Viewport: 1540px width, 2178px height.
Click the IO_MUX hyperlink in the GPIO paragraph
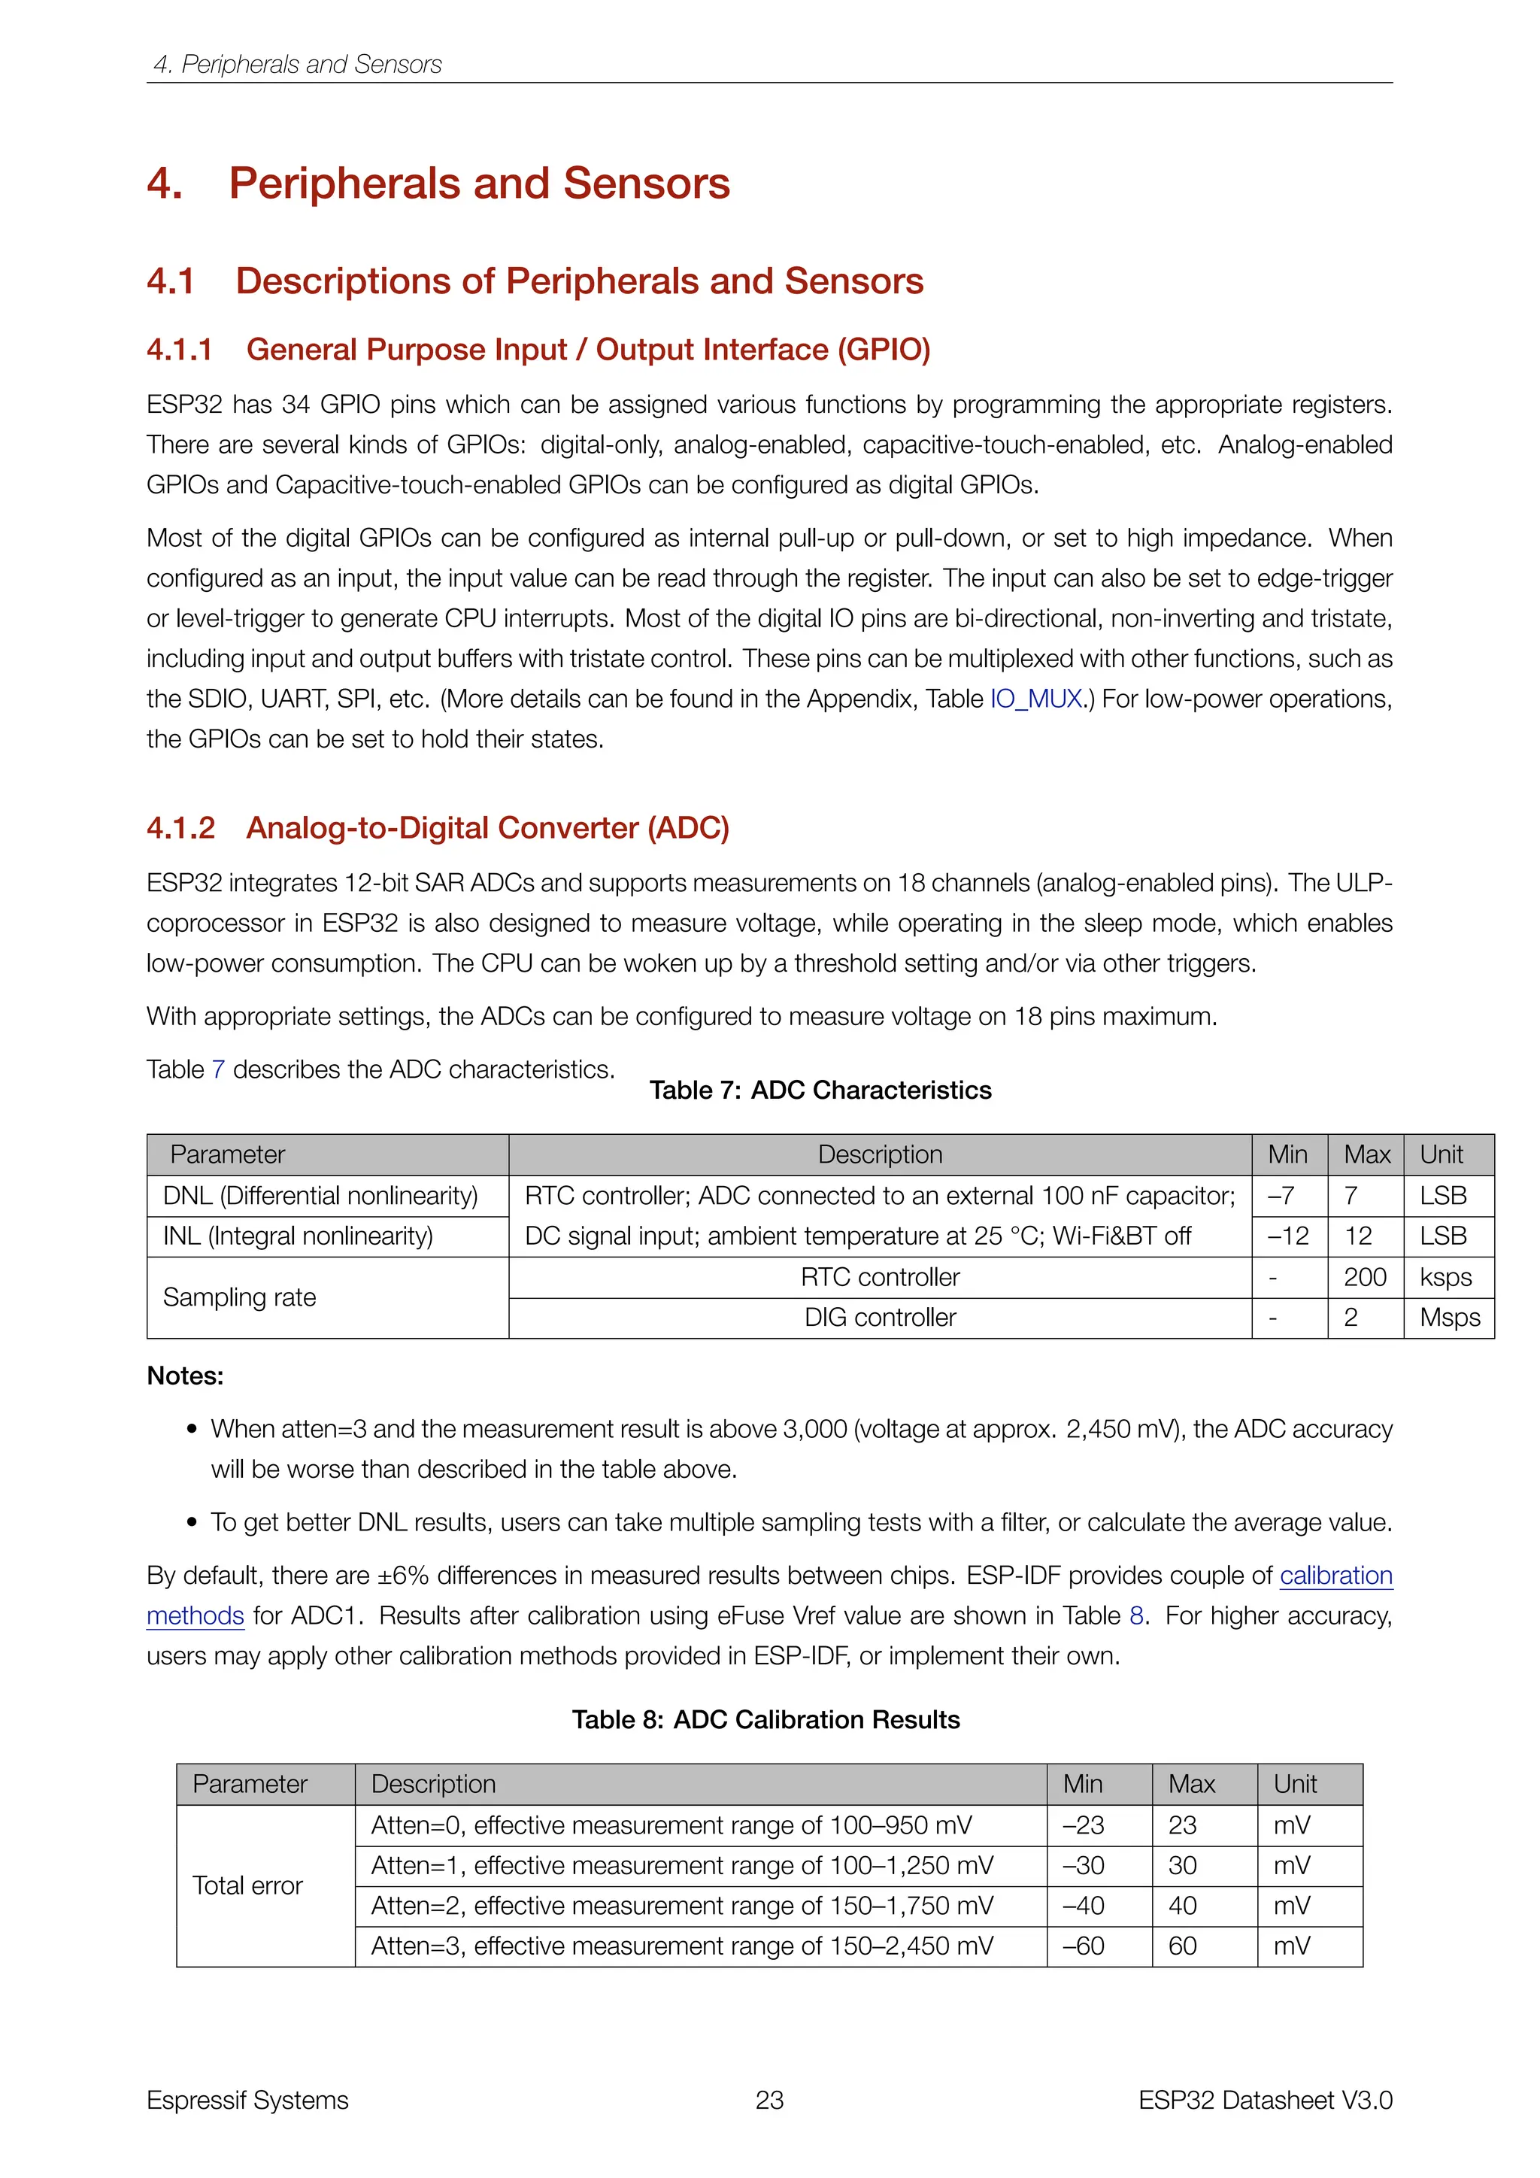pyautogui.click(x=1036, y=699)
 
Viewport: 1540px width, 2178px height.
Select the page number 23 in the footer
pyautogui.click(x=769, y=2101)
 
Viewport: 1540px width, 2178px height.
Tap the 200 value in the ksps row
pyautogui.click(x=1365, y=1277)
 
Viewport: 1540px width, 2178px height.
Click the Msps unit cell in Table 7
pyautogui.click(x=1449, y=1318)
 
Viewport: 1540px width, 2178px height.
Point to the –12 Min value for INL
pyautogui.click(x=1288, y=1236)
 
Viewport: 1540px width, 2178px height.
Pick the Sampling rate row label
pyautogui.click(x=240, y=1297)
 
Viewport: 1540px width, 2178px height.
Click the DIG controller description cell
pyautogui.click(x=880, y=1318)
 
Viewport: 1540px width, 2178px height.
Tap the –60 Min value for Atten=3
pyautogui.click(x=1083, y=1946)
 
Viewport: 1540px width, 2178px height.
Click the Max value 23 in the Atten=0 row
pyautogui.click(x=1183, y=1825)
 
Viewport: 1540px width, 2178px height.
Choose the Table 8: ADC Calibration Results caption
pyautogui.click(x=765, y=1720)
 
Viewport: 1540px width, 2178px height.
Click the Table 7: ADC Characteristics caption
pyautogui.click(x=820, y=1090)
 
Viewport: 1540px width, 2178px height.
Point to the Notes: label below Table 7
pyautogui.click(x=185, y=1376)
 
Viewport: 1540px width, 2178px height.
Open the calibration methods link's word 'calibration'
pyautogui.click(x=1335, y=1576)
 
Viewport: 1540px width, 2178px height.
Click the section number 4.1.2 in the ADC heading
pyautogui.click(x=180, y=828)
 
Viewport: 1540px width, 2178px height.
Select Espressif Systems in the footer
pyautogui.click(x=247, y=2101)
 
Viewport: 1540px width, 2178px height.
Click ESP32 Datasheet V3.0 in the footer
pyautogui.click(x=1265, y=2101)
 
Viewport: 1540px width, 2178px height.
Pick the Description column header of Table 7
pyautogui.click(x=880, y=1154)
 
